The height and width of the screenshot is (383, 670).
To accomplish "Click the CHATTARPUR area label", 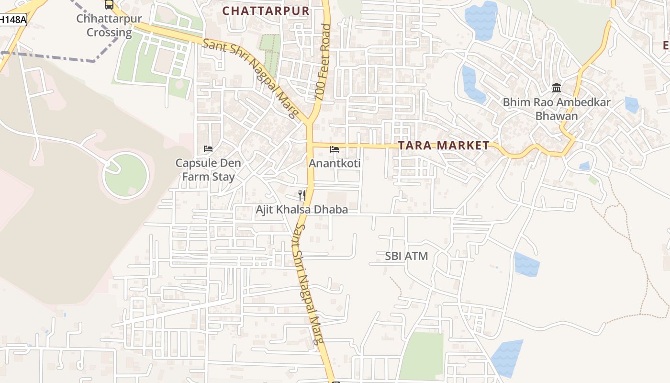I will point(266,10).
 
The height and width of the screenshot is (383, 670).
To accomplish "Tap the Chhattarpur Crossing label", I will point(109,26).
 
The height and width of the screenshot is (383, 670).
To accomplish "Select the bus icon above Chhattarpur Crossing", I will point(109,4).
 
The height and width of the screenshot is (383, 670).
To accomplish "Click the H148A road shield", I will point(12,20).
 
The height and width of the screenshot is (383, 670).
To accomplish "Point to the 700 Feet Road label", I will point(324,62).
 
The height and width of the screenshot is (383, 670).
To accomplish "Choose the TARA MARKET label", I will point(444,146).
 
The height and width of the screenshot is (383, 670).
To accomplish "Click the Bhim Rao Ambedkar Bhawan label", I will point(557,109).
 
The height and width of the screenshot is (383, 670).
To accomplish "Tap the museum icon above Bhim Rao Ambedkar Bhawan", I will point(557,88).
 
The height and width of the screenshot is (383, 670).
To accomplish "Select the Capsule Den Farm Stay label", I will point(208,169).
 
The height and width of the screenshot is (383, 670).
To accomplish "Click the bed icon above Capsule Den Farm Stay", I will point(208,148).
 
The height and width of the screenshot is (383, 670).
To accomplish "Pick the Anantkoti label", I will point(335,163).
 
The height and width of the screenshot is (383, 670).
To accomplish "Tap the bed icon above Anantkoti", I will point(335,149).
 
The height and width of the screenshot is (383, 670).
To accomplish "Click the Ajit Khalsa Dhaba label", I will point(301,209).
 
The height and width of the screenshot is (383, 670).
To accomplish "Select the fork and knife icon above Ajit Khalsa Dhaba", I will point(302,195).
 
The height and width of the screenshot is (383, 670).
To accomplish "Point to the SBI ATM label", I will point(406,256).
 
